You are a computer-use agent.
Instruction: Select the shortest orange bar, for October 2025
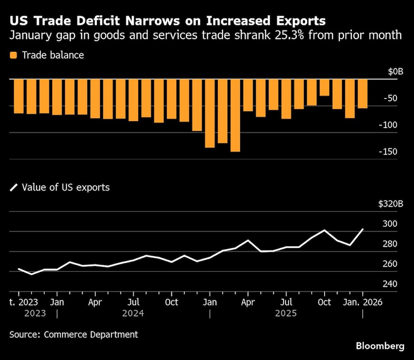pyautogui.click(x=325, y=87)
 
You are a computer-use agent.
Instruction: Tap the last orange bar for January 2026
pyautogui.click(x=363, y=94)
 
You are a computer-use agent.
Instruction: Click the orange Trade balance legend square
pyautogui.click(x=14, y=55)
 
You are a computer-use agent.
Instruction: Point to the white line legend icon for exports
pyautogui.click(x=14, y=187)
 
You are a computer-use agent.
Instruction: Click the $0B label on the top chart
pyautogui.click(x=395, y=72)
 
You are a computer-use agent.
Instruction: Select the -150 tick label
pyautogui.click(x=388, y=151)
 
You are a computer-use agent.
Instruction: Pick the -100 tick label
pyautogui.click(x=388, y=125)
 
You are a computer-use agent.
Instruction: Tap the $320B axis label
pyautogui.click(x=391, y=204)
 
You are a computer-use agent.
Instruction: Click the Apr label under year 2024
pyautogui.click(x=95, y=302)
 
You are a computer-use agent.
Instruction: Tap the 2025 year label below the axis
pyautogui.click(x=286, y=313)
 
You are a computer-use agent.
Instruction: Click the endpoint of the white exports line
pyautogui.click(x=363, y=229)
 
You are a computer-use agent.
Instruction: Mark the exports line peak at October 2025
pyautogui.click(x=325, y=230)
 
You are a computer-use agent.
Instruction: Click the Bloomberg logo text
pyautogui.click(x=380, y=346)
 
